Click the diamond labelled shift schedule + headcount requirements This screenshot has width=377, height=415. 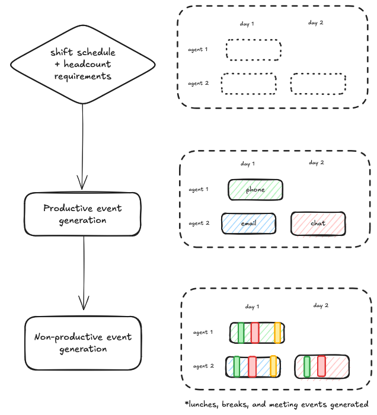82,64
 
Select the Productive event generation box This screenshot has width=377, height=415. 82,214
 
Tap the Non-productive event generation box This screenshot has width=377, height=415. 83,343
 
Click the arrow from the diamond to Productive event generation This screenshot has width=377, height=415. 82,148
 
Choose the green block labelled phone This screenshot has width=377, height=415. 255,190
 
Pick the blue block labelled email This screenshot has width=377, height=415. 248,224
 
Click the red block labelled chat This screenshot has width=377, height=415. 318,224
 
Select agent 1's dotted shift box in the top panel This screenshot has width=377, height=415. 253,50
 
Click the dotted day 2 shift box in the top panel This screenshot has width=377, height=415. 318,84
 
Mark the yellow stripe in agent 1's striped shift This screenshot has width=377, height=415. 277,333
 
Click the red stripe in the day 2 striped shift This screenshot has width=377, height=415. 321,366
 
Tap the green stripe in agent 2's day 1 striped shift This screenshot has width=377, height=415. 237,366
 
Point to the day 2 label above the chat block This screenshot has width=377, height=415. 317,162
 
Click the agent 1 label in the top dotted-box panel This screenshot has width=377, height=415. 198,49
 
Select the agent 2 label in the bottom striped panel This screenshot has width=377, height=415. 203,366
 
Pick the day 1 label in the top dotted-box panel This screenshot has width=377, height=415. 247,24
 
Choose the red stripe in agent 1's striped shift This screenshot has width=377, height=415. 255,333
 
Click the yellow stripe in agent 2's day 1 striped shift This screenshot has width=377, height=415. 273,366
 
